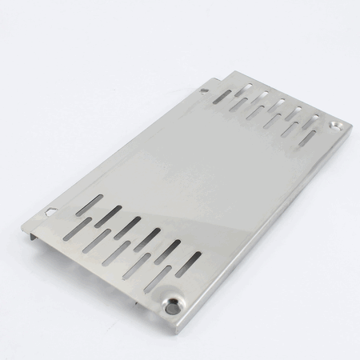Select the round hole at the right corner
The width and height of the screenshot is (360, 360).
335,126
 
